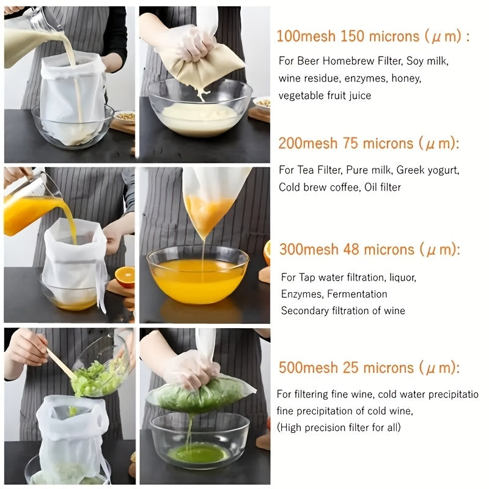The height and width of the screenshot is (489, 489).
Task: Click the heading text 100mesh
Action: click(306, 35)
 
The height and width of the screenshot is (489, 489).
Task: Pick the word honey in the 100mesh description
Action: click(407, 78)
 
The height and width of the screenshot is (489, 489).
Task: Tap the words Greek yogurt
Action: click(430, 170)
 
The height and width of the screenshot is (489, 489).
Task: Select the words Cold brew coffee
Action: click(309, 187)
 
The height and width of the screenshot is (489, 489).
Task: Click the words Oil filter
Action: click(382, 187)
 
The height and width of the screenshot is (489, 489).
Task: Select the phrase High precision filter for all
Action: click(339, 427)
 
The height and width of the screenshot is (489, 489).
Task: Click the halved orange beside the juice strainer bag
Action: click(125, 277)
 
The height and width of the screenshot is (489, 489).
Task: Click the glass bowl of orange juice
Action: click(197, 275)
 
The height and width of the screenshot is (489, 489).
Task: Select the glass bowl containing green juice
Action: click(200, 440)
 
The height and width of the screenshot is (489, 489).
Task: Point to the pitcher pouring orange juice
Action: click(31, 208)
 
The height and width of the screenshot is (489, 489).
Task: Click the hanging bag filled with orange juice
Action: click(208, 205)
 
